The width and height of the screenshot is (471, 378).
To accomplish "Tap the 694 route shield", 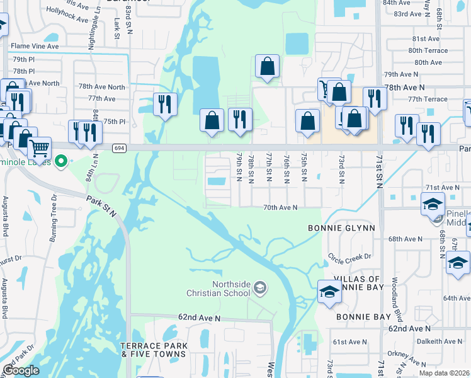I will click(119, 148).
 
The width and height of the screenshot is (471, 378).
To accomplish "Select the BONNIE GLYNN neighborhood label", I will click(342, 227).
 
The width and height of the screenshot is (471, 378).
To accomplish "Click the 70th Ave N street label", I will click(280, 207).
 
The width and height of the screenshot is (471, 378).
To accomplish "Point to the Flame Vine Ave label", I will click(35, 46).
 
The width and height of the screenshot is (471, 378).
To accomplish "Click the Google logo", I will click(21, 370).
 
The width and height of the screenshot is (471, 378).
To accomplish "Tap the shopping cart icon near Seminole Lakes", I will click(39, 149).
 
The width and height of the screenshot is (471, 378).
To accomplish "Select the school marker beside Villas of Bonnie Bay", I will click(329, 291).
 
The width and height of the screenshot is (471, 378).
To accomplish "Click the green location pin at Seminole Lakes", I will click(61, 163).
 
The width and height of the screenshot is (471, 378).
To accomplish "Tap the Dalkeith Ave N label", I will click(439, 340).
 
